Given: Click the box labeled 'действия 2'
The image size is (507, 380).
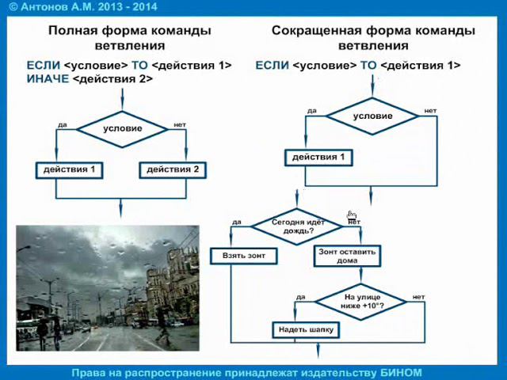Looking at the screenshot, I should coord(173,169).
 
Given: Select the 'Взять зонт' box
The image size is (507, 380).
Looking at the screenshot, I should coord(243,256).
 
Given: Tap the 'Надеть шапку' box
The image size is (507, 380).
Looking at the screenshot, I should coord(307,329).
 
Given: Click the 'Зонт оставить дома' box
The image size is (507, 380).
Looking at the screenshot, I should coord(348,256).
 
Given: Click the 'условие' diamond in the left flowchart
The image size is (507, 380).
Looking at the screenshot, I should coord(123,128).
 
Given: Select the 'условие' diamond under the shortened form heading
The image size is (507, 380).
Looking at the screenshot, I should coord(372,116).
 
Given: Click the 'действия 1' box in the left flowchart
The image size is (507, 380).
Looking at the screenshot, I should coord(70,169).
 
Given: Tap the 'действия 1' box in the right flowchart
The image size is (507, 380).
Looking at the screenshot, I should coord(318,158).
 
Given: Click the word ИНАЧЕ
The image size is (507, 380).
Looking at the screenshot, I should coord(48,79).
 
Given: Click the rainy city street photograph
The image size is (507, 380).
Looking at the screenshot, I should coord(108,288).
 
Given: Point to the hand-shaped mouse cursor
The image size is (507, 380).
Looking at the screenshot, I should coord(351,216).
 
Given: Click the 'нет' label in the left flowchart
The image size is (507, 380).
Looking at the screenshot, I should coord(179,125).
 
